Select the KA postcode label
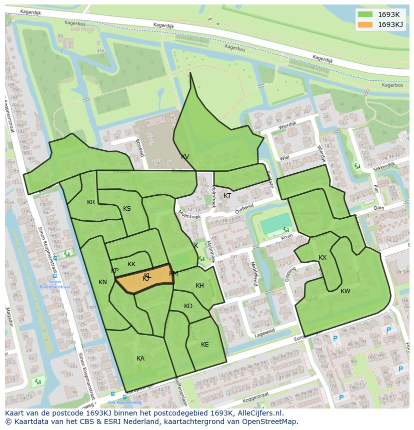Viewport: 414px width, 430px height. coord(140,359)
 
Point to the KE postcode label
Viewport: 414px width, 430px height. coord(205,345)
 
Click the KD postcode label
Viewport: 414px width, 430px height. coord(188,306)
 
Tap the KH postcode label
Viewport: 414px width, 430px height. coord(199,286)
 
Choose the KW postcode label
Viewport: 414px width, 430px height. coord(345,291)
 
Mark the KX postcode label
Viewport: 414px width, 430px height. coord(322,258)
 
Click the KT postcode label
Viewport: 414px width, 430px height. coord(227,196)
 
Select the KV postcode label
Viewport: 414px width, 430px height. coord(185,157)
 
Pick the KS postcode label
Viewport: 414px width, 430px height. coord(127,209)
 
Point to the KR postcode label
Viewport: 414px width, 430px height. coord(91,202)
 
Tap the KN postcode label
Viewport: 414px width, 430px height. coord(102,282)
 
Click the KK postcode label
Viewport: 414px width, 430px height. coord(131,264)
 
